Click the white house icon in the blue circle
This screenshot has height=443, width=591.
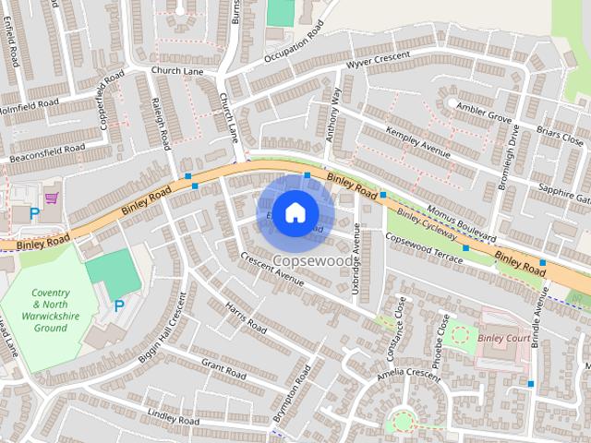pos(295,212)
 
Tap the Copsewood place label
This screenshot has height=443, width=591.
pos(313,261)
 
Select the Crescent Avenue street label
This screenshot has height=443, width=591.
pos(271,269)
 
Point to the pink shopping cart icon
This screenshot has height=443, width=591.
pos(51,197)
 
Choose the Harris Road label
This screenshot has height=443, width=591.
pos(246,318)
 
